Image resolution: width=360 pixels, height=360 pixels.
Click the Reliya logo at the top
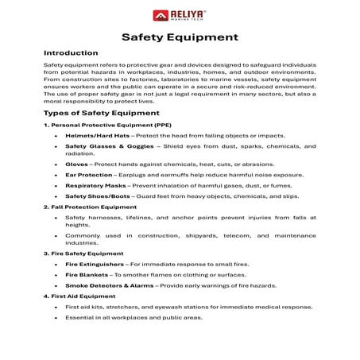[x=180, y=15]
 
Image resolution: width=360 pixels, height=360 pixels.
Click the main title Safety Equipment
[x=180, y=37]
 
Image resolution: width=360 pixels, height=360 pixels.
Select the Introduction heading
[x=71, y=53]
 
